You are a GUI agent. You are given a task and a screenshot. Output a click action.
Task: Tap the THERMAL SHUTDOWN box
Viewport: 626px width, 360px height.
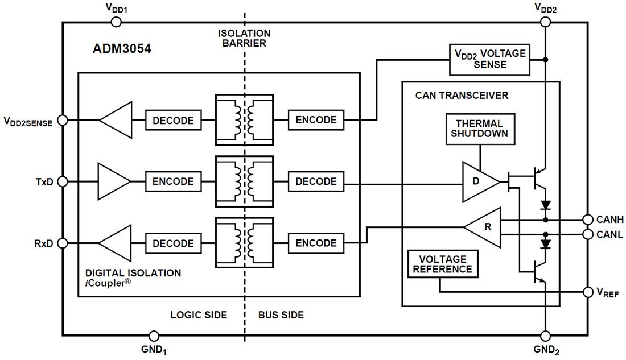[480, 129]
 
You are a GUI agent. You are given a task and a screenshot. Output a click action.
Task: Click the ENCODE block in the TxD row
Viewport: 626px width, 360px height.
[173, 182]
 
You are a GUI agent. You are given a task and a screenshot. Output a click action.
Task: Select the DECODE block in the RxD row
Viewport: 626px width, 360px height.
[173, 243]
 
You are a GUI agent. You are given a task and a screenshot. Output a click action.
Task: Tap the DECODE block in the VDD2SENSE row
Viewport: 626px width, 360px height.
[173, 121]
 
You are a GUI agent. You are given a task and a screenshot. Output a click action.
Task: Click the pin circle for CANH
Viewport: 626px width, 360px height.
[587, 220]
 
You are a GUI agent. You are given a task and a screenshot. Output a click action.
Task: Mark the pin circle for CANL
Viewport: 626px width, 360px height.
[587, 234]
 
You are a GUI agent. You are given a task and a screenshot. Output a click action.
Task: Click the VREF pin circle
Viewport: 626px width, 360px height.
[587, 292]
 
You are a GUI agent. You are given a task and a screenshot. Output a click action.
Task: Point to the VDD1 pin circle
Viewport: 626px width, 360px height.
[116, 22]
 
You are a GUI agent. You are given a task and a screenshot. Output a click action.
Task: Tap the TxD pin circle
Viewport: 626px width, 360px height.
[63, 182]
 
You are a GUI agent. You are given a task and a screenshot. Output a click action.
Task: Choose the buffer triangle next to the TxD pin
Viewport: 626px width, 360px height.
[114, 182]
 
